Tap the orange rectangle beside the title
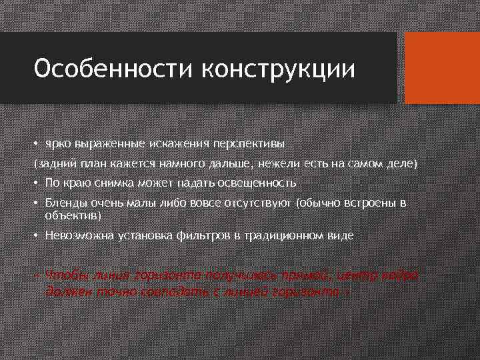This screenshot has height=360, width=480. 443,67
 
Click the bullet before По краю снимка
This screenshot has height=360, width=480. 38,183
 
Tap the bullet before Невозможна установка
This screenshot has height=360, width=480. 38,235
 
